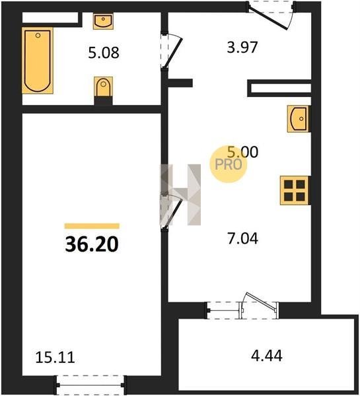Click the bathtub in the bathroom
pyautogui.click(x=38, y=60)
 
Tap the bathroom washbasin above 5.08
pyautogui.click(x=103, y=21)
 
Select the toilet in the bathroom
pyautogui.click(x=104, y=86)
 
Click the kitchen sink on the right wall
pyautogui.click(x=299, y=119)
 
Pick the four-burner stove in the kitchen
pyautogui.click(x=295, y=190)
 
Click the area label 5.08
pyautogui.click(x=104, y=53)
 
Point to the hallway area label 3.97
pyautogui.click(x=242, y=48)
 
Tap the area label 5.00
pyautogui.click(x=242, y=152)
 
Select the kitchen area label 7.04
pyautogui.click(x=242, y=239)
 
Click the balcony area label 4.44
pyautogui.click(x=267, y=356)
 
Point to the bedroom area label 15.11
pyautogui.click(x=55, y=358)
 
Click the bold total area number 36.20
pyautogui.click(x=92, y=244)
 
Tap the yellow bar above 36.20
pyautogui.click(x=92, y=226)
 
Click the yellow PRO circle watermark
pyautogui.click(x=228, y=164)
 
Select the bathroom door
pyautogui.click(x=171, y=50)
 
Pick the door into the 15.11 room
pyautogui.click(x=171, y=212)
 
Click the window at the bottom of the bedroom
pyautogui.click(x=90, y=385)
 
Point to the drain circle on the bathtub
pyautogui.click(x=38, y=36)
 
